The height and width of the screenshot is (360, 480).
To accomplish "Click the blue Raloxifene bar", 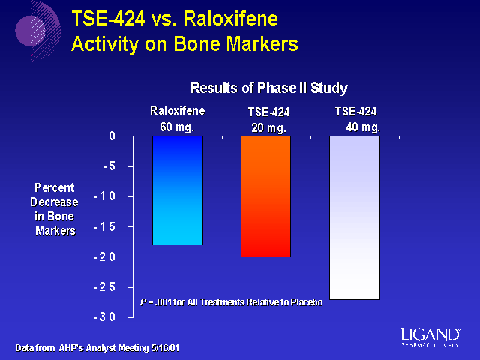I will click(x=177, y=190).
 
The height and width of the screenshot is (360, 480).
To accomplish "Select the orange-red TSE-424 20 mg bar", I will click(x=265, y=196).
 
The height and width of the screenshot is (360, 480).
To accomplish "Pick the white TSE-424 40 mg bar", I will click(x=355, y=217).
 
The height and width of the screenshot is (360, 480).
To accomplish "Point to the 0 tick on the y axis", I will click(x=111, y=136).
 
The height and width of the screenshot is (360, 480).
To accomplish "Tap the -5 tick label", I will click(x=108, y=166).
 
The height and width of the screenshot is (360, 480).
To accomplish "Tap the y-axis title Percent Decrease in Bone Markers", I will click(x=55, y=208).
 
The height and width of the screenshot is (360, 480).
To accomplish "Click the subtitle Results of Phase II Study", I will click(x=268, y=88).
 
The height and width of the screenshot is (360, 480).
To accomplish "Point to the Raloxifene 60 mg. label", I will click(x=177, y=118).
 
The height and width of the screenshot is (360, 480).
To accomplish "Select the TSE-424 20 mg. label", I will click(x=268, y=120).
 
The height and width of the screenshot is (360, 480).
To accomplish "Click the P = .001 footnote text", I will click(x=231, y=301).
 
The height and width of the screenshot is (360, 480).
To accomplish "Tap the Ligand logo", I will click(x=430, y=334).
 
